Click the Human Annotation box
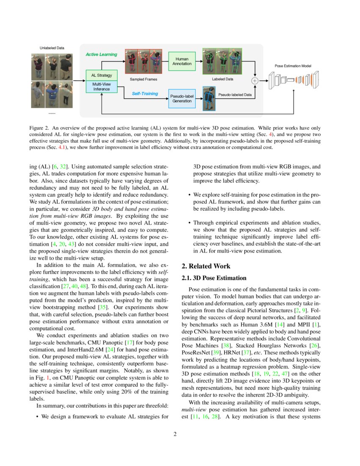coord(182,61)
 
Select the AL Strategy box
coord(102,75)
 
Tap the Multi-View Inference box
coord(102,86)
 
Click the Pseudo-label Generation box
coord(182,99)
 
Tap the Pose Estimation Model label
coord(293,66)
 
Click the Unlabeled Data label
coord(52,48)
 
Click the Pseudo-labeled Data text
coord(235,95)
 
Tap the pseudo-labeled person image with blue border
coord(208,99)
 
